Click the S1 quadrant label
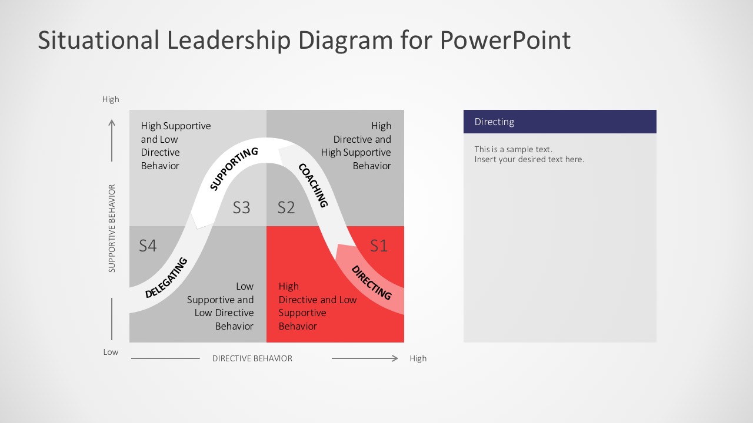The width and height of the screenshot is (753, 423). [x=379, y=246]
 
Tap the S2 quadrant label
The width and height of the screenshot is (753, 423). [x=286, y=207]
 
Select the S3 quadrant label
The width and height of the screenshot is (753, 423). [x=241, y=207]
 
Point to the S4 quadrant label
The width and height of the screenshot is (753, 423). [x=148, y=246]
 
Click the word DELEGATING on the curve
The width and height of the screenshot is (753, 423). [x=166, y=277]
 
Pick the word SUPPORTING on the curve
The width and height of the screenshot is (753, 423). [x=234, y=169]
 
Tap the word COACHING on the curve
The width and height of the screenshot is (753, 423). [x=313, y=185]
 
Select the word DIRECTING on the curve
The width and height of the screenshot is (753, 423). [x=371, y=283]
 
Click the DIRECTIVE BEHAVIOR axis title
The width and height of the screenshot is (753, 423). [x=252, y=358]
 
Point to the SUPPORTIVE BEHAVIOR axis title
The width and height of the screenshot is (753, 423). [x=112, y=229]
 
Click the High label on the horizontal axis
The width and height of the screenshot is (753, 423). [x=418, y=358]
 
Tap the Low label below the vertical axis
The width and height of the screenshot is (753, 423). [x=111, y=352]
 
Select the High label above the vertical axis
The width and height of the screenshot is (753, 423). [x=111, y=99]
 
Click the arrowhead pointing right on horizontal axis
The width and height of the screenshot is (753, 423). [x=395, y=358]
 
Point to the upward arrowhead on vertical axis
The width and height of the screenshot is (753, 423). [x=112, y=123]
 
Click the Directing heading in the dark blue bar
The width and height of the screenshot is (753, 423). [x=494, y=122]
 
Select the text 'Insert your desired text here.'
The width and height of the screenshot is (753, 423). [x=529, y=159]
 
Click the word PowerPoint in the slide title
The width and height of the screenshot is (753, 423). [x=505, y=41]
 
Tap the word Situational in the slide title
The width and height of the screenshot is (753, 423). [x=98, y=41]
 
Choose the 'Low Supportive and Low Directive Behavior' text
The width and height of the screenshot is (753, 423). [x=221, y=306]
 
